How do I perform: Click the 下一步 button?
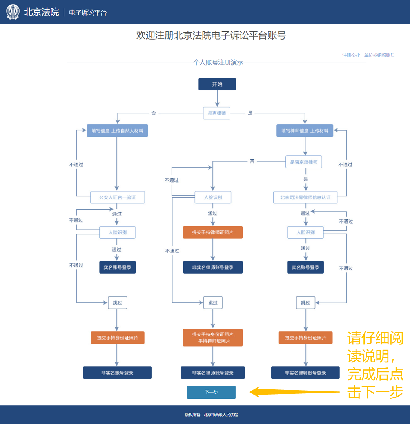click(x=211, y=392)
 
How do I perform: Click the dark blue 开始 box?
click(x=217, y=84)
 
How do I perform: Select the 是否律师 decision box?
click(x=216, y=113)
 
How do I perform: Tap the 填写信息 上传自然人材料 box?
click(x=117, y=130)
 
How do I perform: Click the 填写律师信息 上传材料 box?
click(x=305, y=130)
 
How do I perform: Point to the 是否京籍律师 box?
click(x=303, y=162)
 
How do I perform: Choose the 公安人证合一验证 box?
click(x=117, y=197)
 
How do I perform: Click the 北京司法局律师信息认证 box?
click(x=305, y=197)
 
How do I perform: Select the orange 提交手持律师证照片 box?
click(x=212, y=232)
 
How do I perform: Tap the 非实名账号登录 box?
click(x=117, y=373)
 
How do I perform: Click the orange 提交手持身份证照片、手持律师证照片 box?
click(x=212, y=338)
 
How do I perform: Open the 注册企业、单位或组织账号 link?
click(x=368, y=55)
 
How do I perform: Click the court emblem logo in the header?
click(x=13, y=12)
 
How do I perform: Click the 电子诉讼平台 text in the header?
click(x=88, y=13)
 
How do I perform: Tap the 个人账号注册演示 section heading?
click(x=218, y=62)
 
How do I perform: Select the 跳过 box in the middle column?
click(x=213, y=303)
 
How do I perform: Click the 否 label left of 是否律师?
click(x=153, y=113)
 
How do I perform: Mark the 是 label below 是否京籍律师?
click(x=306, y=179)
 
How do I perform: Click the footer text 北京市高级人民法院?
click(x=220, y=415)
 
